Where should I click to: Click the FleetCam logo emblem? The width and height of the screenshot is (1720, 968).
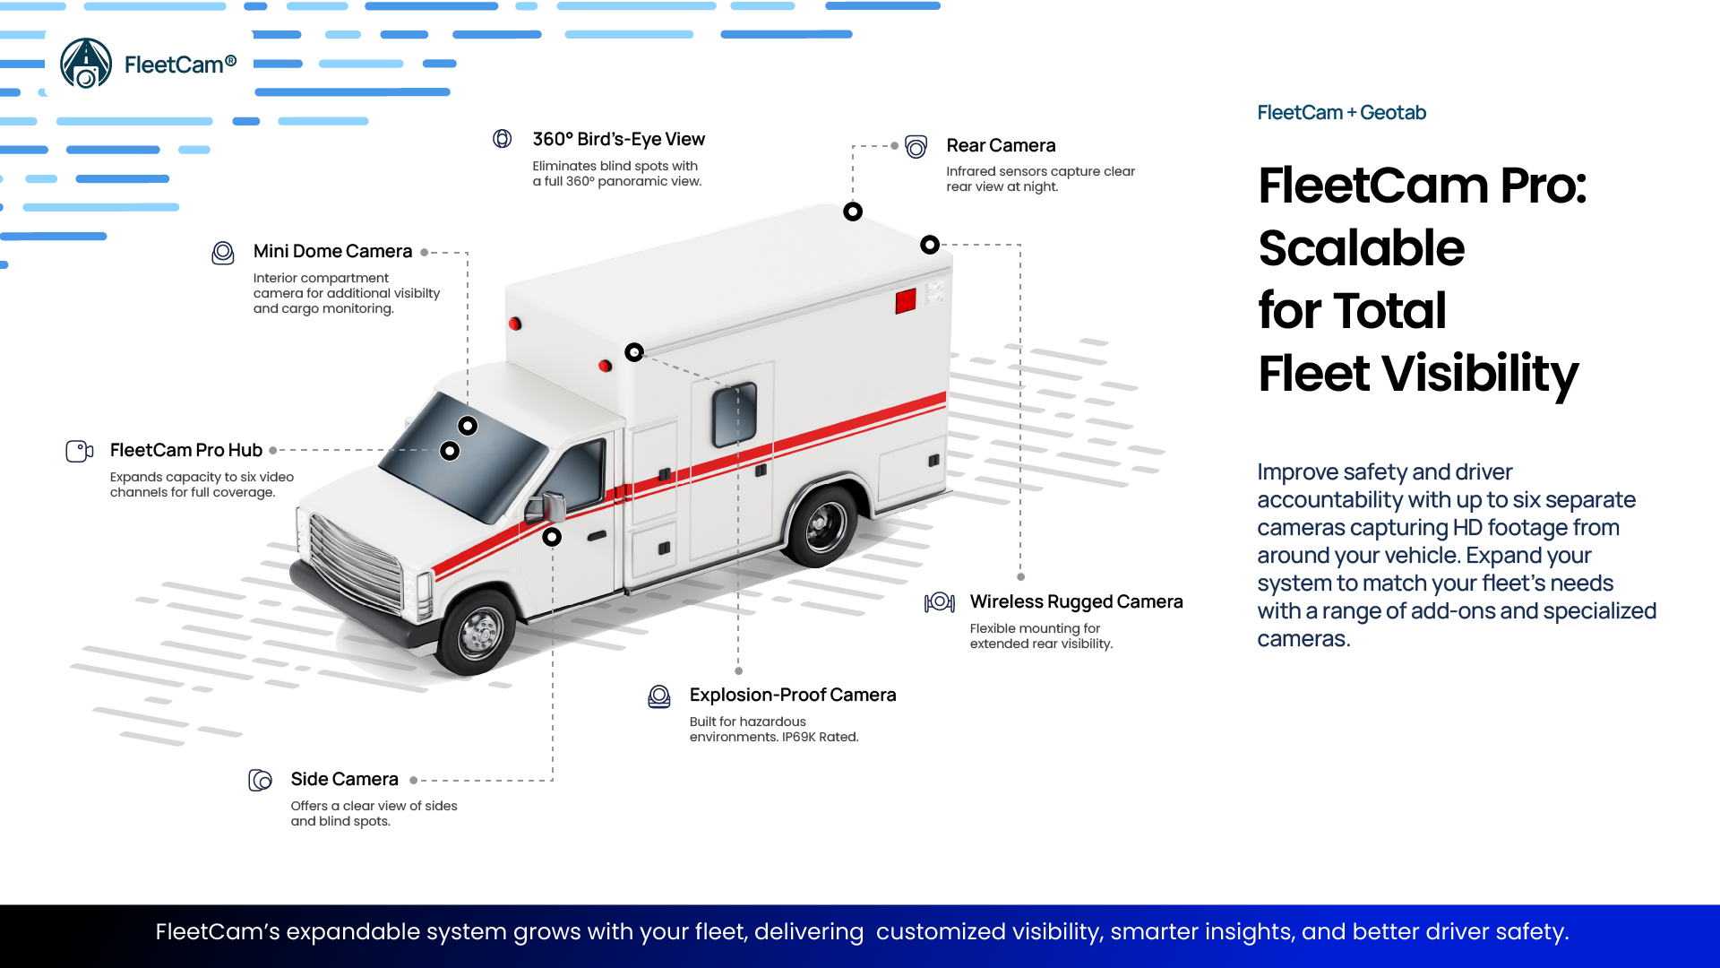click(x=86, y=64)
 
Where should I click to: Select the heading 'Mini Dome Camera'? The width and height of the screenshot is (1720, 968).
click(x=332, y=251)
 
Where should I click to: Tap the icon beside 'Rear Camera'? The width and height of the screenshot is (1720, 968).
click(x=916, y=146)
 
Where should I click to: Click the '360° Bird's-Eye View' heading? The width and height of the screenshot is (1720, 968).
click(x=618, y=139)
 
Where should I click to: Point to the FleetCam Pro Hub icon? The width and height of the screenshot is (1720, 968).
click(x=79, y=451)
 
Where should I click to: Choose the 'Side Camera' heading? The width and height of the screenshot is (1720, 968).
click(x=344, y=779)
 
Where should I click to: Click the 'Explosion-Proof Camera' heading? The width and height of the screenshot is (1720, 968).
click(x=792, y=695)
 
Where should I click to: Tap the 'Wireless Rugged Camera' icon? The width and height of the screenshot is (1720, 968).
click(x=940, y=602)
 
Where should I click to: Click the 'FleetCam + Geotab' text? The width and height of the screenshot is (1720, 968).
click(x=1341, y=113)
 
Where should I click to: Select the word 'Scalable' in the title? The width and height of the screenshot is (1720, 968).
click(x=1361, y=247)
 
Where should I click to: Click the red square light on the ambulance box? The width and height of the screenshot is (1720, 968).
click(x=906, y=300)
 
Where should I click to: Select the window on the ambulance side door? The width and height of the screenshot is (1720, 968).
click(x=735, y=415)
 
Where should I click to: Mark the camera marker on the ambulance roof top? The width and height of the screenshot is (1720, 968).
click(x=853, y=212)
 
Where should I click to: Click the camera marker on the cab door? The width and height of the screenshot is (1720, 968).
click(x=552, y=537)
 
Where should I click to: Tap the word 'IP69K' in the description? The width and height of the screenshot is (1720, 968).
click(x=798, y=738)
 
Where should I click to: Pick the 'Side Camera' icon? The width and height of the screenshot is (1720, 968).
click(x=260, y=780)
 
